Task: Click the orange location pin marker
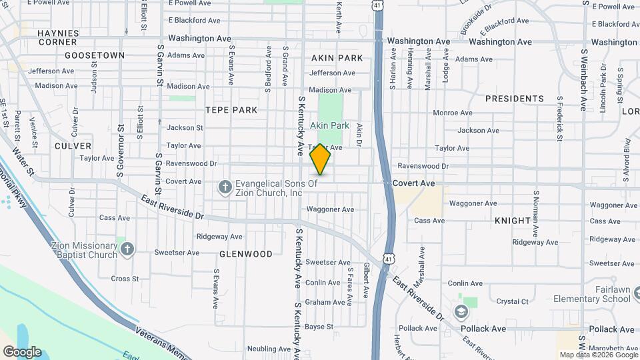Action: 321,159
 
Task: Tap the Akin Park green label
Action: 329,125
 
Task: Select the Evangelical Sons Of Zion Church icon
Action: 225,188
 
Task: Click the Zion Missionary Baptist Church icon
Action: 127,249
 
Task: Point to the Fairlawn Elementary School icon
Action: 461,311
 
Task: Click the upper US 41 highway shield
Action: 377,5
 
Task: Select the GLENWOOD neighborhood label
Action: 246,254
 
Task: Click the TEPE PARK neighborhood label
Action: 231,109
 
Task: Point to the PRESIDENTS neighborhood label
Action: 514,99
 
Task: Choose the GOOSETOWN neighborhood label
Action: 95,55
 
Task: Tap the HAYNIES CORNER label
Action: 58,37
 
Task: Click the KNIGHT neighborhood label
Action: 512,220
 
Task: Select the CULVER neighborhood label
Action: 73,145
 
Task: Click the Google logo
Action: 21,352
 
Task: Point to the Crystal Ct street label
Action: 512,301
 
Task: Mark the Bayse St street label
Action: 319,327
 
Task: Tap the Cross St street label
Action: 125,279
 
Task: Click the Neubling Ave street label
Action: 269,349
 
